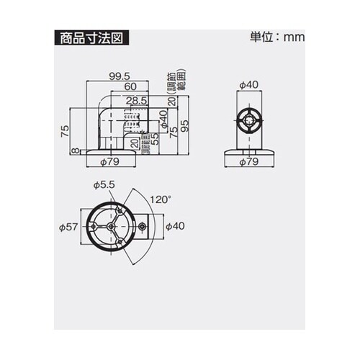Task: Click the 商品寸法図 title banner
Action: coord(91,38)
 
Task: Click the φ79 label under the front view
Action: coord(248,162)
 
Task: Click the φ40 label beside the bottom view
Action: coord(174,226)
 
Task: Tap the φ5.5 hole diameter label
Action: coord(104,185)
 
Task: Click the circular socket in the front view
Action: coord(248,120)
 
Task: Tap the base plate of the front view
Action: coord(248,152)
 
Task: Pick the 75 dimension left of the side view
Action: coord(64,130)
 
